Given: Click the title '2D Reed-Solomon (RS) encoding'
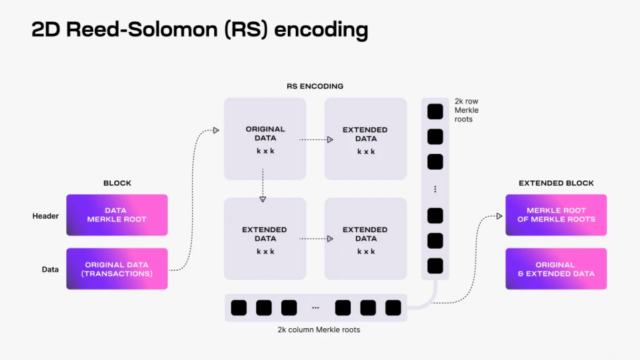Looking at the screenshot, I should click(x=199, y=30).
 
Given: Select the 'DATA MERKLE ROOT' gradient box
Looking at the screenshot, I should click(x=117, y=215).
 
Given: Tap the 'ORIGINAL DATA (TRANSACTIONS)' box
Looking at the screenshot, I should click(x=117, y=269).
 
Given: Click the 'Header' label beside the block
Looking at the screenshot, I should click(x=46, y=215).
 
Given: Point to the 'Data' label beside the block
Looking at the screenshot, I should click(x=50, y=269).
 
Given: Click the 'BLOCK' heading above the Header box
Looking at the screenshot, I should click(x=117, y=183).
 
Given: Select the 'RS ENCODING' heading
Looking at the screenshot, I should click(x=315, y=86).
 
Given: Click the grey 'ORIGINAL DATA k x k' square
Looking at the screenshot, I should click(x=265, y=139).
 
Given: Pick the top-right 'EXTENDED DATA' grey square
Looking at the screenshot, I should click(x=365, y=139).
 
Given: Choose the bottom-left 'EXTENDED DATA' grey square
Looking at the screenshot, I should click(x=265, y=238).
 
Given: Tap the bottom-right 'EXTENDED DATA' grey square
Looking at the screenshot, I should click(x=365, y=238).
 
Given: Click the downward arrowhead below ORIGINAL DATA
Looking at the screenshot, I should click(x=263, y=198).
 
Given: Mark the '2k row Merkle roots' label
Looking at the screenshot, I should click(x=466, y=110).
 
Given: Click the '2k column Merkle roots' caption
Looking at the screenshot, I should click(x=319, y=330).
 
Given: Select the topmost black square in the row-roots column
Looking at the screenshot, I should click(x=435, y=111).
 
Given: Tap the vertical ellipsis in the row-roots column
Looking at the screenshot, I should click(x=435, y=190).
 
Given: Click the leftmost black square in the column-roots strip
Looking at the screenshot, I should click(x=239, y=308).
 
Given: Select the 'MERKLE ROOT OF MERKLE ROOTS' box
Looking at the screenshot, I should click(x=556, y=215).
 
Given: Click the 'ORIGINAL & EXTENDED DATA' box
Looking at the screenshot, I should click(x=556, y=269).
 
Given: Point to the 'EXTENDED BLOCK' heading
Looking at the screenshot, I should click(x=556, y=183).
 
